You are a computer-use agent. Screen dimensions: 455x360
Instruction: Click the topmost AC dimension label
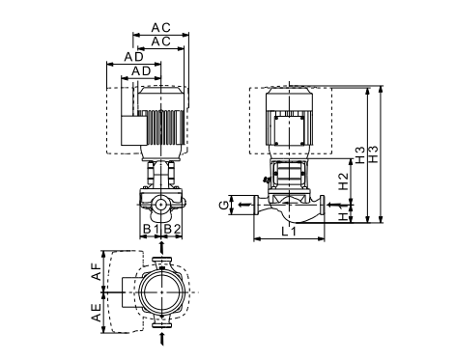[x=160, y=28]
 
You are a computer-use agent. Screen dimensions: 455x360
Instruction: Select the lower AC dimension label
[x=160, y=42]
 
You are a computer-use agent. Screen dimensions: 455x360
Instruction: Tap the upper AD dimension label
[x=134, y=57]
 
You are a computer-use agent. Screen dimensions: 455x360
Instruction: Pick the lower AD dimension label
[x=141, y=71]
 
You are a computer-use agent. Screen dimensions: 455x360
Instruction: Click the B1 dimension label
[x=151, y=229]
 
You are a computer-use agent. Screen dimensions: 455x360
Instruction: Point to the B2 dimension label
[x=172, y=229]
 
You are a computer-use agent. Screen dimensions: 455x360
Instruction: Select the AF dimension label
[x=96, y=271]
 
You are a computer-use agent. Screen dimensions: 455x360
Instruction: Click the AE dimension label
[x=96, y=313]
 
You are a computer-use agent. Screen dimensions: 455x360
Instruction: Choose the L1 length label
[x=289, y=232]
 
